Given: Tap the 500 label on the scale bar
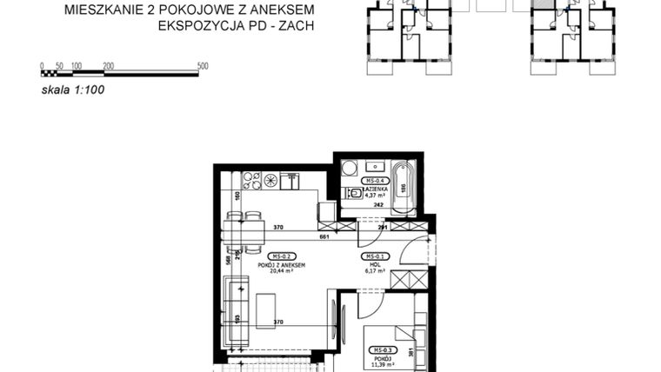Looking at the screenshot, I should click(203, 66).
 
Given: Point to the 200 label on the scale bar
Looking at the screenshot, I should click(109, 66).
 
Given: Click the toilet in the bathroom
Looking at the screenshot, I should click(354, 194).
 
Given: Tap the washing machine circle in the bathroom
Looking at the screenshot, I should click(348, 168).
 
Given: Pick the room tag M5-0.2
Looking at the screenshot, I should click(280, 257).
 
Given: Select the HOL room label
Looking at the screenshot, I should click(376, 264).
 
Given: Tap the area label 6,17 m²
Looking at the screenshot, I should click(376, 271).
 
